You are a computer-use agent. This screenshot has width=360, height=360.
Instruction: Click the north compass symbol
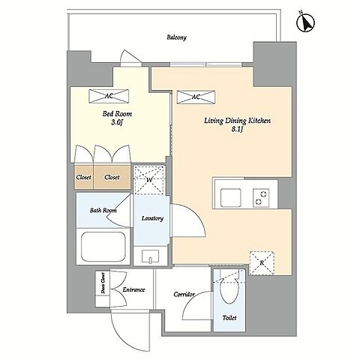[305, 22]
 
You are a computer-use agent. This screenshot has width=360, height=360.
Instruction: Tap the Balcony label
[177, 37]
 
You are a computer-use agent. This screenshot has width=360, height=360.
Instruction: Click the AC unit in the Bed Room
[109, 96]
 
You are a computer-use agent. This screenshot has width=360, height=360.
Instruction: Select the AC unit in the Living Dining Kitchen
[196, 97]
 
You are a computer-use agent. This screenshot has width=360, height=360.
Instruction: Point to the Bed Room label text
[117, 114]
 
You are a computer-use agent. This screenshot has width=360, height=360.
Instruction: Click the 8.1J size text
[237, 129]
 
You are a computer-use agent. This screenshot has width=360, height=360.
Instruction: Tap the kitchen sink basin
[230, 198]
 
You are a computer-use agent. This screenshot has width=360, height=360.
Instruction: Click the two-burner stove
[261, 198]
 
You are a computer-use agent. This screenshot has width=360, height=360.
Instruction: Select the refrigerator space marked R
[262, 262]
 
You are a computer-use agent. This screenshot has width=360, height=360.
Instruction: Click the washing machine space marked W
[149, 180]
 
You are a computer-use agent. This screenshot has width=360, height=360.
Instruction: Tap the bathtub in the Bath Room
[103, 247]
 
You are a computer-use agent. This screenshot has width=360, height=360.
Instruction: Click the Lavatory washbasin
[150, 256]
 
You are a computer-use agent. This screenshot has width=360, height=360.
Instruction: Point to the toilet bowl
[229, 290]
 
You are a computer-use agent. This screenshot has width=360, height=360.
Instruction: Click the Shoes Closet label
[103, 283]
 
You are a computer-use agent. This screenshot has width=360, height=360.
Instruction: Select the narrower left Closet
[84, 177]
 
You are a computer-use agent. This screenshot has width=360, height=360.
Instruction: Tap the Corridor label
[184, 295]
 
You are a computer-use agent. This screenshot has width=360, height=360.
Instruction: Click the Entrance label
[133, 289]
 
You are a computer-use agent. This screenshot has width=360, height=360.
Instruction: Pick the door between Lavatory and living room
[188, 220]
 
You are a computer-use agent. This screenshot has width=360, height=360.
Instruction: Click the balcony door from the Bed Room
[130, 58]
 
